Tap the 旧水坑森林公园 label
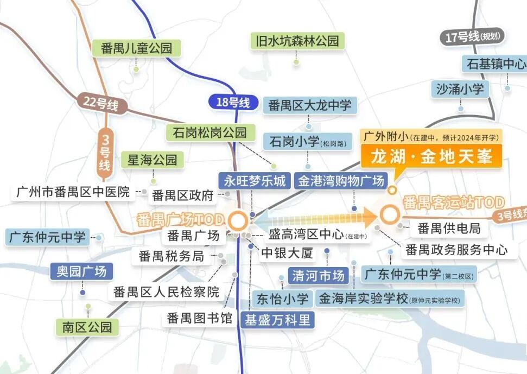pyautogui.click(x=297, y=41)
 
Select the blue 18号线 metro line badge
pyautogui.click(x=233, y=102)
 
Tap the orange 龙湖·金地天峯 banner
pyautogui.click(x=432, y=157)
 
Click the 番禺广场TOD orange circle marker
pyautogui.click(x=237, y=221)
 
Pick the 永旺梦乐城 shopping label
pyautogui.click(x=255, y=181)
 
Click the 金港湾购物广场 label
pyautogui.click(x=341, y=181)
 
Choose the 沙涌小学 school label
pyautogui.click(x=460, y=88)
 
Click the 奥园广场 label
pyautogui.click(x=81, y=271)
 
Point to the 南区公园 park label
pyautogui.click(x=87, y=327)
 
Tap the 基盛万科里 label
pyautogui.click(x=277, y=320)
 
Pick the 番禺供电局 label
pyautogui.click(x=449, y=228)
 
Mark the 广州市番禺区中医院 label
pyautogui.click(x=73, y=192)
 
